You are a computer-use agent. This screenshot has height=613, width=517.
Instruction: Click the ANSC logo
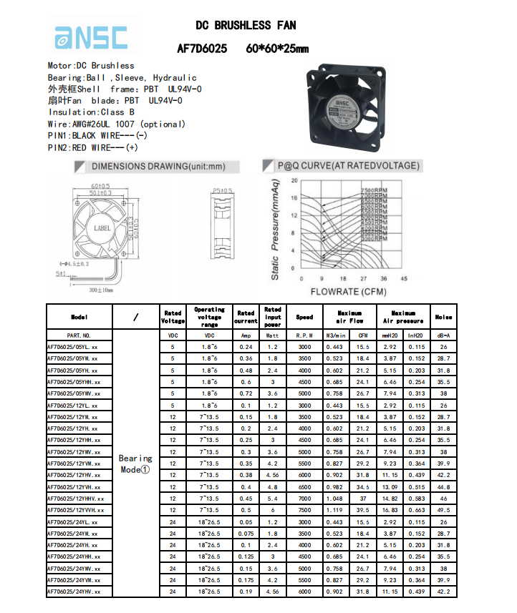coord(91,37)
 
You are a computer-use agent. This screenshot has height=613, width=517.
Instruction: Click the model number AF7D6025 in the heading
coord(202,49)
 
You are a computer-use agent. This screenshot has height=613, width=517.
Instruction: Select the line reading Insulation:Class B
coord(91,112)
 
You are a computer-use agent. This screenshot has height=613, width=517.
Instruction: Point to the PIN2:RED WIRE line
coord(93,147)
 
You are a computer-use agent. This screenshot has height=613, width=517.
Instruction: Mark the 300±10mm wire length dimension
coord(101,290)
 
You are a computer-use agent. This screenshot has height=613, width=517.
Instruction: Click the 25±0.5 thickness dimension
coord(222,190)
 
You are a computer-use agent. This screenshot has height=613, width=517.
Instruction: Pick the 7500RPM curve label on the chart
coord(373,190)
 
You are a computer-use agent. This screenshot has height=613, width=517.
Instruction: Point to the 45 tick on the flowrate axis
coord(404,278)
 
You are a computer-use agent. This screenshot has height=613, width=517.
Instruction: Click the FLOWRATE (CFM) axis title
coord(349,291)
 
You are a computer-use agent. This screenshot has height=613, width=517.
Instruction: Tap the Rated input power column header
coord(273,317)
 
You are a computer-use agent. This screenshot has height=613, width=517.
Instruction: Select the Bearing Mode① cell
coord(135,464)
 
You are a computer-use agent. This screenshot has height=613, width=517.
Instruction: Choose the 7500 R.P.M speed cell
coord(304,510)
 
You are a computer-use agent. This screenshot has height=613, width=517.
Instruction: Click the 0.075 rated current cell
coord(246,534)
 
